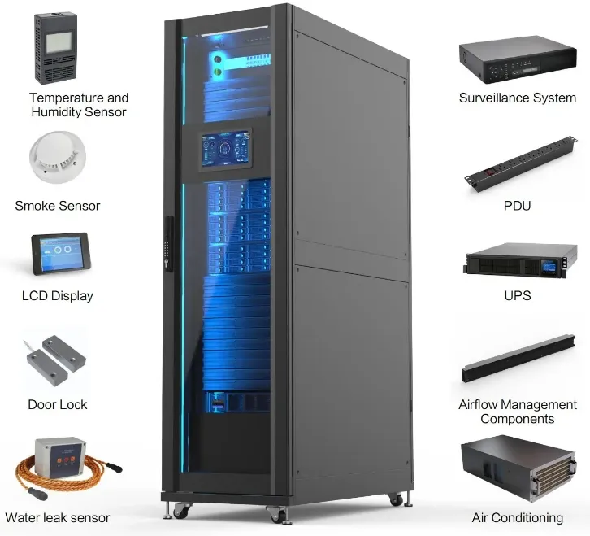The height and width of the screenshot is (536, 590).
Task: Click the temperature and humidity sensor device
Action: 56,48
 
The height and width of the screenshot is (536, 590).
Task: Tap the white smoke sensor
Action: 58,157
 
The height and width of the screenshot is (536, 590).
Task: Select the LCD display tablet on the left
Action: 61,254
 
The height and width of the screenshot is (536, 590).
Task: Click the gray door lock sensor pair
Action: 56,360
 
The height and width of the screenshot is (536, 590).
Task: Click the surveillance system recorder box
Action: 518,59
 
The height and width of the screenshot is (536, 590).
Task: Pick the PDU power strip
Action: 520,164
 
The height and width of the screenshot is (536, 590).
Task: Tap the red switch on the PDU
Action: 490,173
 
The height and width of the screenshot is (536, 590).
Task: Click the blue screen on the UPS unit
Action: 549,267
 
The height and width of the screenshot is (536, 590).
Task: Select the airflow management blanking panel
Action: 518,359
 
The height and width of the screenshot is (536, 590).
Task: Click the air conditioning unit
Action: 518,468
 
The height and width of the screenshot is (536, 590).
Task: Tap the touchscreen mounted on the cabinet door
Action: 225,150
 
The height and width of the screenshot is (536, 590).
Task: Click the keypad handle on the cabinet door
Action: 169,243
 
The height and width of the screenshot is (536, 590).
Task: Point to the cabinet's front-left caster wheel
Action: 181,511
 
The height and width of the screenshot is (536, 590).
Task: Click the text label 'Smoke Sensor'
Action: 58,206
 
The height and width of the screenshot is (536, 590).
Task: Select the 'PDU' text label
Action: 518,206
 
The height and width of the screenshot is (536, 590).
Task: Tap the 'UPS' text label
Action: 518,295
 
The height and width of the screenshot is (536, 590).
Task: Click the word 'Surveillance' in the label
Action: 488,98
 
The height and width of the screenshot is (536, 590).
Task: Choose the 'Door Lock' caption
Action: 58,404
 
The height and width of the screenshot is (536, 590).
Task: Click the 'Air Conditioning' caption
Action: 518,518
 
